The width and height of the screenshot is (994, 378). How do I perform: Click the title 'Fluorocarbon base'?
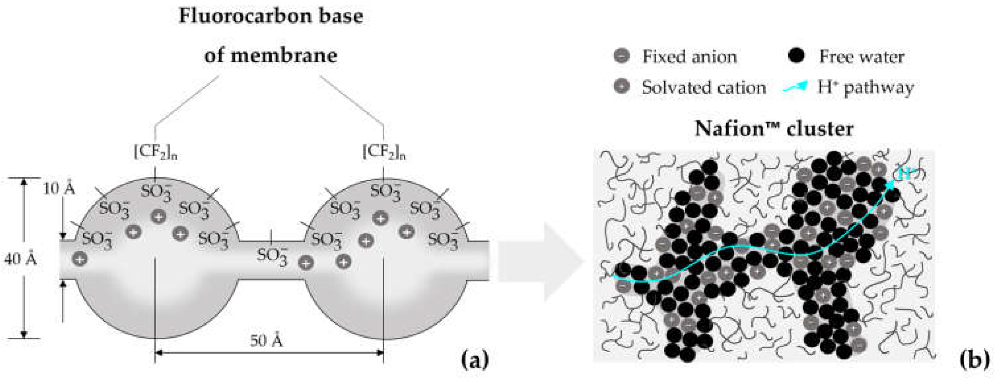(271, 16)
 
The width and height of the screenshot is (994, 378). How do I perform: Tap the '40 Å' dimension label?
(20, 259)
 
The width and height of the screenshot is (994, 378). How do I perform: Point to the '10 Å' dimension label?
(59, 189)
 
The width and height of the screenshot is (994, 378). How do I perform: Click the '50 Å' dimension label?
(266, 341)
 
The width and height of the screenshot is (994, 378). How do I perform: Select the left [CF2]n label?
(155, 152)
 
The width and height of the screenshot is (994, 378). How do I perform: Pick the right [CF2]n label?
(384, 152)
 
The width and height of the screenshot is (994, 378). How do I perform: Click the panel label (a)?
(475, 360)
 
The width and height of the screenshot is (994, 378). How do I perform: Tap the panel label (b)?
(974, 360)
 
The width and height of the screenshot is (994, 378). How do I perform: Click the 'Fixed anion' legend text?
(690, 57)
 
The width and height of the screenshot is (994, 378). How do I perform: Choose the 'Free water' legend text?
(861, 57)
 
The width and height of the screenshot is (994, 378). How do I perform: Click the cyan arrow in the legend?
(795, 87)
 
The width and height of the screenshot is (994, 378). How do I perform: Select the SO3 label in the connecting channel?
(272, 256)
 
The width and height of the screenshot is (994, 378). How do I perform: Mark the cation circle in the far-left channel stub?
(80, 259)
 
